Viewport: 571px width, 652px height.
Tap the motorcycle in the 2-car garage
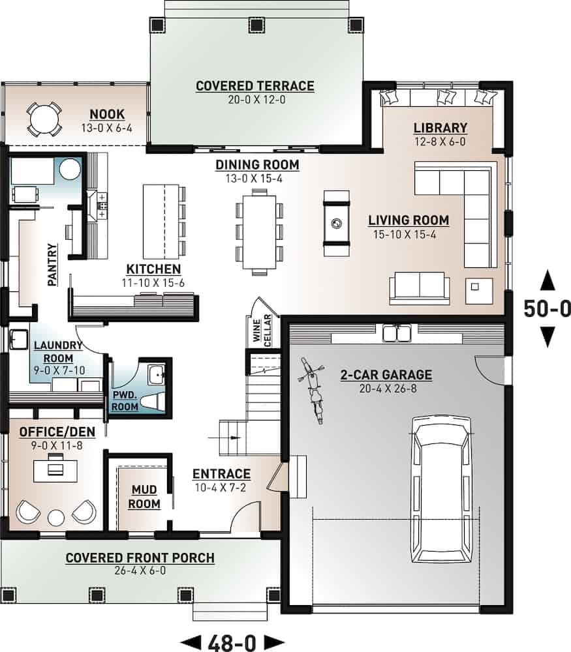(314, 394)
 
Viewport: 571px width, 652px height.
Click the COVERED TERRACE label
(255, 86)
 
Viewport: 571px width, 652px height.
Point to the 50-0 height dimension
(547, 309)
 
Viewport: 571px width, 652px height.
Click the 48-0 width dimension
(232, 642)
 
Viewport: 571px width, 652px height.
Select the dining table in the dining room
(259, 229)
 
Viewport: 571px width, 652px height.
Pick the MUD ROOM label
(144, 496)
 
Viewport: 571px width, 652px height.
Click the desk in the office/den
(55, 466)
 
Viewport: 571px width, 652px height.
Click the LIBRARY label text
(440, 128)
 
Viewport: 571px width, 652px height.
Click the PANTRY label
(53, 264)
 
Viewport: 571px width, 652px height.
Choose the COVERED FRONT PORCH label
(140, 558)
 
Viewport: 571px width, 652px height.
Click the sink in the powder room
(157, 374)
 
